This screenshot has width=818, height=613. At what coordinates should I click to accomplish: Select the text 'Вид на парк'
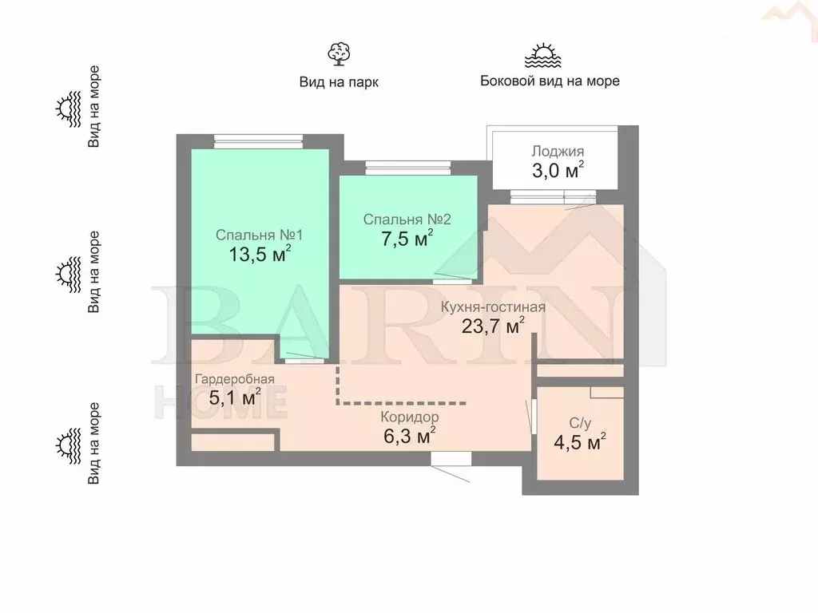339,81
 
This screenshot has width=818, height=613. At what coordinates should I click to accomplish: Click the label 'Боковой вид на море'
550,81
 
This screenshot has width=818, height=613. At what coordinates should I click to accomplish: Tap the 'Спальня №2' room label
407,219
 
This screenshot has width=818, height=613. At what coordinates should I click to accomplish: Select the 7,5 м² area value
407,239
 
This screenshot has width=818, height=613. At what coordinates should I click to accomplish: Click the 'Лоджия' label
558,151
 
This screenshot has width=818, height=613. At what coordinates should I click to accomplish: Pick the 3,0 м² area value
558,170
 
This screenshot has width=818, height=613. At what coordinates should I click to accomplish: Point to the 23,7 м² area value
493,326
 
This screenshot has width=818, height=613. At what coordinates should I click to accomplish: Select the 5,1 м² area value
235,397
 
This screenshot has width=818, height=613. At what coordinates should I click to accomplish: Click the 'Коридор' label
410,417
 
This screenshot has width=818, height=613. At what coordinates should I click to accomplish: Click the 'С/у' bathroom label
578,422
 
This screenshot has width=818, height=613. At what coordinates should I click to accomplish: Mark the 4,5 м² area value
578,442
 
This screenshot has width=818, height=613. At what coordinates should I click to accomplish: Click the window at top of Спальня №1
260,141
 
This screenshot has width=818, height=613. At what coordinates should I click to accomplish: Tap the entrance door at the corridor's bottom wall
450,460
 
